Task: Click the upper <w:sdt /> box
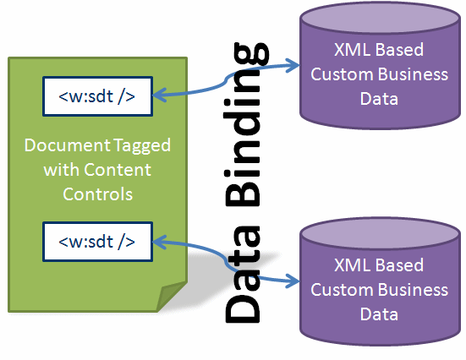(96, 95)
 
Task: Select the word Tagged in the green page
(135, 145)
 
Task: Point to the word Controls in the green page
(96, 194)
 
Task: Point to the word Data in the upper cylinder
(379, 99)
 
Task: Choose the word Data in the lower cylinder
(379, 314)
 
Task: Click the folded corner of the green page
(173, 295)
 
